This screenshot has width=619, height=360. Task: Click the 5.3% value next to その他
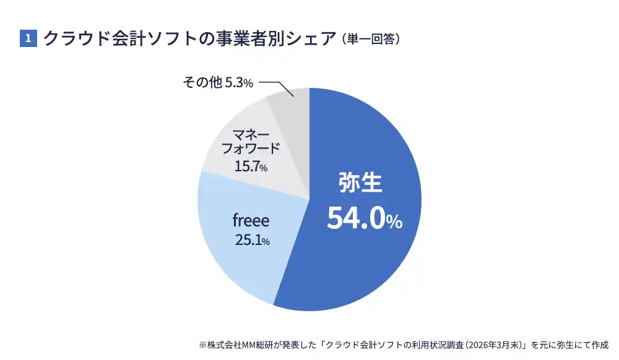pyautogui.click(x=239, y=82)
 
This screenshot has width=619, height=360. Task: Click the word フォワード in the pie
pyautogui.click(x=251, y=150)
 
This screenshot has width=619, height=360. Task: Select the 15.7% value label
pyautogui.click(x=251, y=166)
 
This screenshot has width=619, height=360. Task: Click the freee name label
pyautogui.click(x=251, y=220)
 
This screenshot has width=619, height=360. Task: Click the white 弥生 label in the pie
pyautogui.click(x=361, y=182)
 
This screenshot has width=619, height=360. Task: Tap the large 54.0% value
pyautogui.click(x=365, y=218)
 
